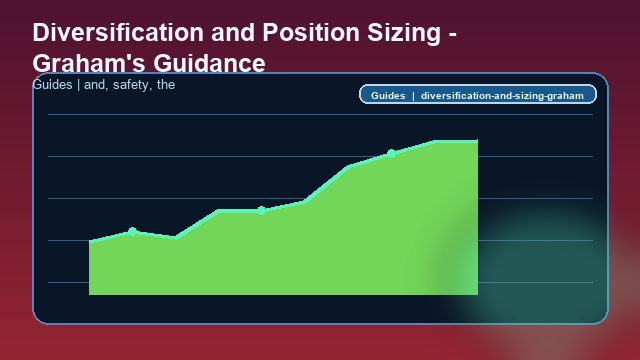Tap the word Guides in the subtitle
[x=52, y=85]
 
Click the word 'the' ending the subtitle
[x=166, y=85]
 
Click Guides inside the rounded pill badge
[x=387, y=96]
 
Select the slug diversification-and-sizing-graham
[x=502, y=96]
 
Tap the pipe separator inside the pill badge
[x=413, y=96]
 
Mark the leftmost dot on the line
[x=132, y=231]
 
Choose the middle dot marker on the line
[x=261, y=210]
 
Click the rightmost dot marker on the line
[x=391, y=153]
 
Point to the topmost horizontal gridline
[x=320, y=115]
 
